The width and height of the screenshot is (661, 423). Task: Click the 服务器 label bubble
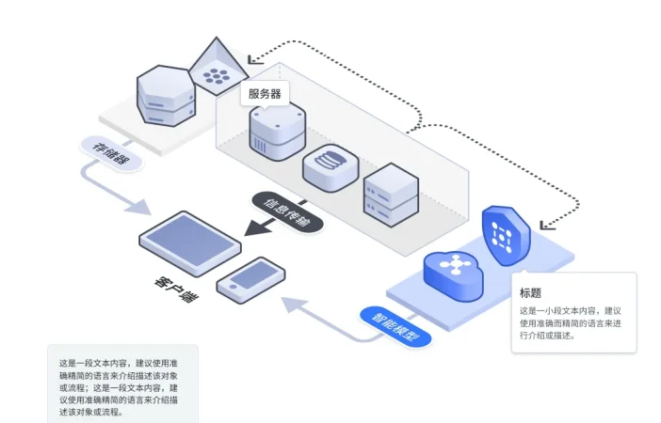[x=266, y=93]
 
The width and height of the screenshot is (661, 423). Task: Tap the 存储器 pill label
[x=115, y=153]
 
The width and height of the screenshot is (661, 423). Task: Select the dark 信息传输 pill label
[x=287, y=211]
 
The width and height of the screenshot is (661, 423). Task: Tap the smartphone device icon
[x=250, y=278]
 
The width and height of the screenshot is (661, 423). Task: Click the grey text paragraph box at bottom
[x=122, y=383]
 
